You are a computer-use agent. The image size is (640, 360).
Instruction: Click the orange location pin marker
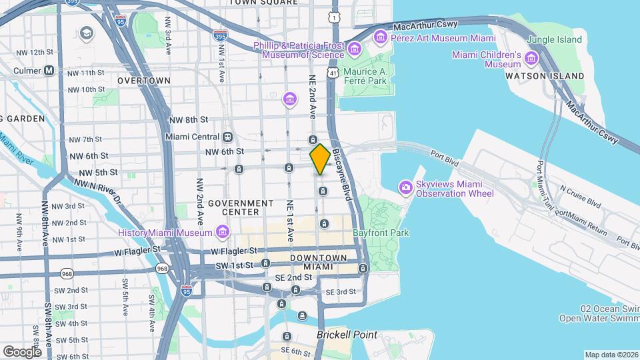[x=320, y=159]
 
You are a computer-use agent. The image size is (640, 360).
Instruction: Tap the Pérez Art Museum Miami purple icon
[x=381, y=35]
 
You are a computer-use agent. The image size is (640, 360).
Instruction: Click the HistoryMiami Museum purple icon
[x=222, y=233]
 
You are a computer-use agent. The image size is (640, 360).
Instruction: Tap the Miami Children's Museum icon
[x=531, y=59]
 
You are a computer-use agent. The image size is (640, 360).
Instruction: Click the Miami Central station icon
[x=228, y=137]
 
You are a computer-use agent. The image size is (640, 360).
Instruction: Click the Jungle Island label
[x=554, y=39]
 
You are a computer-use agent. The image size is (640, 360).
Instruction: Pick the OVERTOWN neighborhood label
[x=144, y=81]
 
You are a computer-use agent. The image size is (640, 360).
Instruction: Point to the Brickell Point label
[x=347, y=335]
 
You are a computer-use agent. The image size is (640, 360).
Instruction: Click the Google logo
[x=22, y=351]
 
